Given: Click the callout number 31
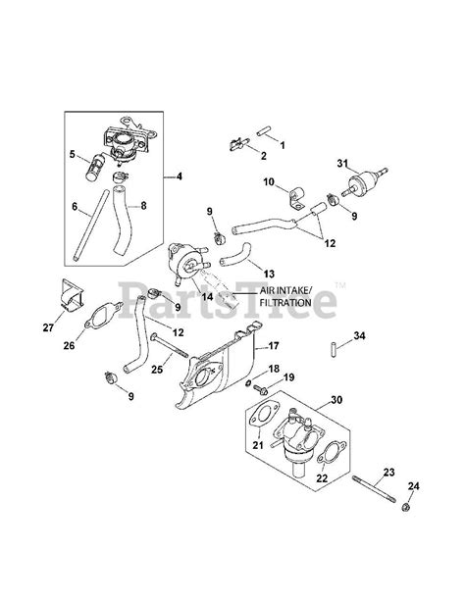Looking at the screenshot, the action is [342, 163].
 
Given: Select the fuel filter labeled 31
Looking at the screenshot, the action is [365, 182].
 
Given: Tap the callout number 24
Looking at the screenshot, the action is [414, 486].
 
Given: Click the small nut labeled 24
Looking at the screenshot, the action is [404, 508].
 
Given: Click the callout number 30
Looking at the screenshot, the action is [336, 400].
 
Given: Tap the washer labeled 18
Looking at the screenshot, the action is [248, 383].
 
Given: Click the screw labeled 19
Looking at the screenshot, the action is [260, 389].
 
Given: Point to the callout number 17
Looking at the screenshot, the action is [273, 346].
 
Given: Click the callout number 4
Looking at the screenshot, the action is [180, 176].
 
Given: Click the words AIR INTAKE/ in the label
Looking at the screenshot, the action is [284, 290].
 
